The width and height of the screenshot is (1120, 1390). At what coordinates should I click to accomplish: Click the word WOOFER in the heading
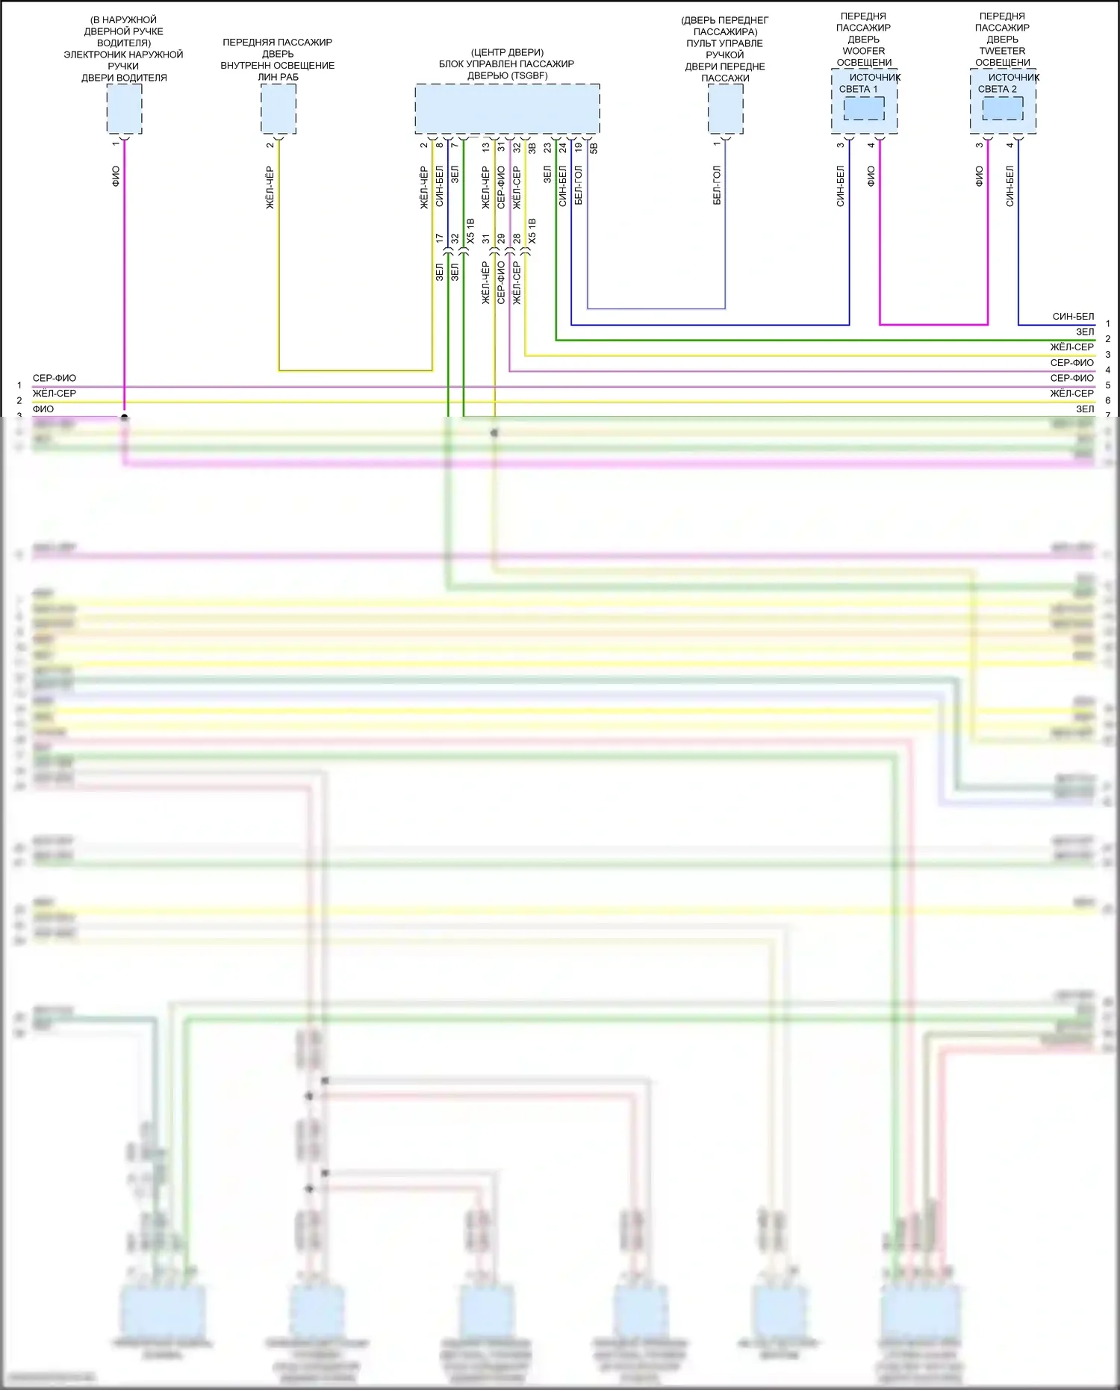click(x=863, y=51)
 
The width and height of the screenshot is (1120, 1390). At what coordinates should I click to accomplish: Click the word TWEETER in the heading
click(x=1002, y=51)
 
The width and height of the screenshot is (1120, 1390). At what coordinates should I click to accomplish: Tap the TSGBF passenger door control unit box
click(x=507, y=108)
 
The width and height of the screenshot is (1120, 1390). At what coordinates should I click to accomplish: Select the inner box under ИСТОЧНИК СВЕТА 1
click(x=864, y=109)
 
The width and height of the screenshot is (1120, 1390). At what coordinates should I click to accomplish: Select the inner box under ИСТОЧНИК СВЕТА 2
click(x=1003, y=109)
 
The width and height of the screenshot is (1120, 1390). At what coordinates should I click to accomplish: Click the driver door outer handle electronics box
click(x=124, y=108)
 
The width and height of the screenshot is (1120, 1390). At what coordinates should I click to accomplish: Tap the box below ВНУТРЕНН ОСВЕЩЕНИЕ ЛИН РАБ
click(x=279, y=108)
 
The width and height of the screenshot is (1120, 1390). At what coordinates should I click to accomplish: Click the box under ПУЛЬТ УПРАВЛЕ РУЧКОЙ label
click(x=725, y=108)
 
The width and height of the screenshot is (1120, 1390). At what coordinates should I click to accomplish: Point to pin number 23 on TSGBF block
click(x=547, y=148)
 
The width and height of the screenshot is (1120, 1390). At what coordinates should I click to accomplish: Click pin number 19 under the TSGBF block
click(x=579, y=148)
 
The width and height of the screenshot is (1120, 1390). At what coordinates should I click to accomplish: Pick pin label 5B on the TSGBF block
click(x=594, y=148)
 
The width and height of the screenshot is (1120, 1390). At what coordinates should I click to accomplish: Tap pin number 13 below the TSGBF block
click(x=486, y=148)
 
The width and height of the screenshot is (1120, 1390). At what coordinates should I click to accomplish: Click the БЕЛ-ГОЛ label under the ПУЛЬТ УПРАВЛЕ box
click(x=717, y=185)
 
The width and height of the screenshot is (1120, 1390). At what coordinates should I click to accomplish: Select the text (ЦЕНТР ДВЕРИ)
click(x=507, y=52)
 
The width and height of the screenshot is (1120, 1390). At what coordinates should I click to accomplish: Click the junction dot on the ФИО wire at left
click(x=124, y=417)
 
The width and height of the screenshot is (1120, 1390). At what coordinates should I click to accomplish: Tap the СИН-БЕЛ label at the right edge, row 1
click(x=1073, y=317)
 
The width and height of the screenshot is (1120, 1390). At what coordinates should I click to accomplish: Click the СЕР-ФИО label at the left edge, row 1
click(x=55, y=378)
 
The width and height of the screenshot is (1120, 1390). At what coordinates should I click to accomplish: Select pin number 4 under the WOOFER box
click(x=871, y=145)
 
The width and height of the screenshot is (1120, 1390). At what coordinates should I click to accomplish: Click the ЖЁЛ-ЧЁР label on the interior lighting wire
click(x=270, y=187)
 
